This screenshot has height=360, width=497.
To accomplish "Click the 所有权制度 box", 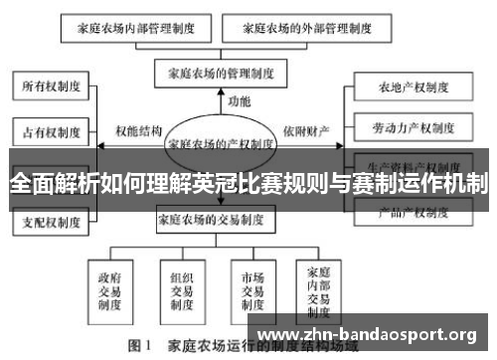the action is (x=51, y=88).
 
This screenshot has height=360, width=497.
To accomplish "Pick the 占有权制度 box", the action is (x=51, y=130).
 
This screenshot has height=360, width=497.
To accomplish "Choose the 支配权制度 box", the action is (x=51, y=223).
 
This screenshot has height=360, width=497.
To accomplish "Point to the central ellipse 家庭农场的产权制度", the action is (x=221, y=143).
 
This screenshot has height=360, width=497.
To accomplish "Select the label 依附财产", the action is (x=304, y=130).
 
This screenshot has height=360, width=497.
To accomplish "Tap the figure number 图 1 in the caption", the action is (x=139, y=348).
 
